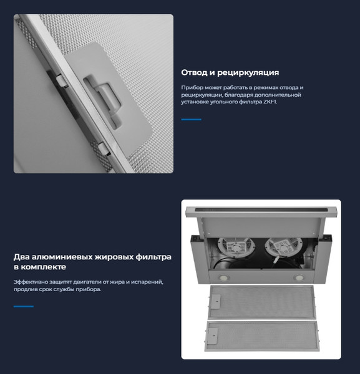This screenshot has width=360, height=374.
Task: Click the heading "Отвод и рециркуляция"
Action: [x=230, y=72]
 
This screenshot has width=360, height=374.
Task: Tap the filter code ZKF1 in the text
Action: [x=270, y=102]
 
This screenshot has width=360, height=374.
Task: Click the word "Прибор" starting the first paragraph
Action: [x=188, y=87]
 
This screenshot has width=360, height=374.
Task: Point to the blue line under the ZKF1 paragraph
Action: [x=191, y=120]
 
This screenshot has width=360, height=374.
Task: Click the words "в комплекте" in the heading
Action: [x=40, y=267]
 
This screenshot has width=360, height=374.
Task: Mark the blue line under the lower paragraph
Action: [x=24, y=307]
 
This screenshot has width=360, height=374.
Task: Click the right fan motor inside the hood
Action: [x=283, y=247]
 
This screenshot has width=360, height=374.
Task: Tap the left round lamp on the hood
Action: [x=224, y=277]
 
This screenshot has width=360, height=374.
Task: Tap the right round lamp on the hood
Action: [x=299, y=277]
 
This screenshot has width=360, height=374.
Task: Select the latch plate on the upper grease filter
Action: [x=215, y=302]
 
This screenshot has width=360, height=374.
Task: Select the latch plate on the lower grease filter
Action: [x=212, y=335]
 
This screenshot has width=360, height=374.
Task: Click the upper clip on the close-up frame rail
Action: [x=62, y=80]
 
